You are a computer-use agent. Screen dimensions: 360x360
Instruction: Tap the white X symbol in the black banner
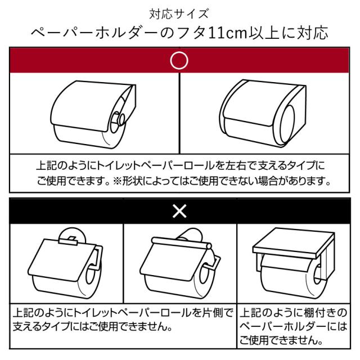(x=179, y=211)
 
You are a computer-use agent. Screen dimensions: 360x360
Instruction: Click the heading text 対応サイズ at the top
(x=179, y=14)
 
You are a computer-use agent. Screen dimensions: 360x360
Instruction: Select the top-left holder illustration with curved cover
(x=93, y=114)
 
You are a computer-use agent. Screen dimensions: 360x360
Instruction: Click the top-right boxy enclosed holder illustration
(x=263, y=113)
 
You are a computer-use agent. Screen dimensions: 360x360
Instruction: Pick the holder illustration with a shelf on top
(x=294, y=263)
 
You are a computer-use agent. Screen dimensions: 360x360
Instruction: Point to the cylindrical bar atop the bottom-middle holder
(x=181, y=243)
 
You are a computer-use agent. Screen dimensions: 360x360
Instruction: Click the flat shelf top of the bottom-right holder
(x=294, y=242)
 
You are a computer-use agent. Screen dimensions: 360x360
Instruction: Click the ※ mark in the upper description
(x=117, y=181)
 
